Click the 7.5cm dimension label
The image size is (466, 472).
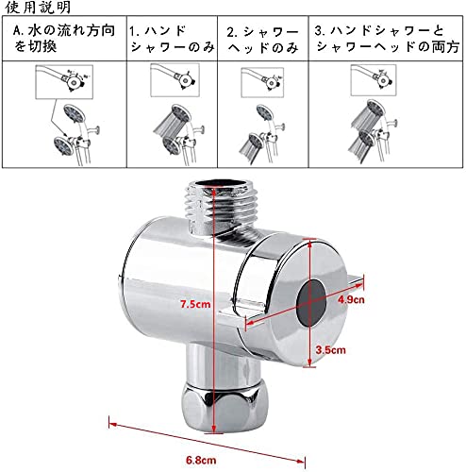[195, 304]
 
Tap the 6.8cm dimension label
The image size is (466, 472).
[201, 460]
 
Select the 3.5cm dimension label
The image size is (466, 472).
[330, 350]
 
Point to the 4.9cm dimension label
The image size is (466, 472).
[351, 299]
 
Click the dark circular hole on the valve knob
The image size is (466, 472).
[311, 302]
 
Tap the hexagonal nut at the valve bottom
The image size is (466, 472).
[225, 408]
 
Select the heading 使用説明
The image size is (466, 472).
[38, 8]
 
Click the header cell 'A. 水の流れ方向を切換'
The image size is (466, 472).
[64, 39]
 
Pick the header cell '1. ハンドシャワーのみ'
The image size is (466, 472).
[172, 39]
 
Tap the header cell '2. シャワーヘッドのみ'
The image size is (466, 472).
[262, 40]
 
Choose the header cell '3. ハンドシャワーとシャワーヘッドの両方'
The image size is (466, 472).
[387, 39]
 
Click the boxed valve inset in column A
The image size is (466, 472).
[64, 82]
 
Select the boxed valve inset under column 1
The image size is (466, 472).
[175, 80]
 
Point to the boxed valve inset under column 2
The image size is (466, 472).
[262, 82]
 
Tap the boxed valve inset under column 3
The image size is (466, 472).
[374, 80]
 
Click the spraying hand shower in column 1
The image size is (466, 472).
[173, 120]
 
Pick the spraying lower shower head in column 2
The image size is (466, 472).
[252, 147]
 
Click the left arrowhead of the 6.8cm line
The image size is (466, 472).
[112, 424]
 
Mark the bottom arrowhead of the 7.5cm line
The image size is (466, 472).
[214, 430]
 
